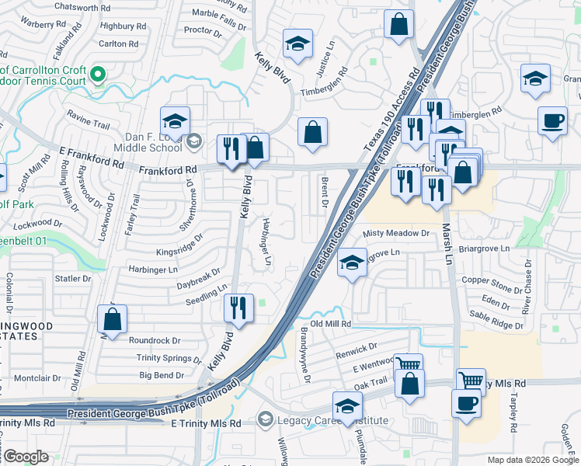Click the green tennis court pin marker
tap(98, 75)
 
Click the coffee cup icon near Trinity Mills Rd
tap(466, 405)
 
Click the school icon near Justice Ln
tap(296, 45)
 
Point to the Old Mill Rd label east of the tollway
tap(331, 323)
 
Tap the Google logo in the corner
tap(26, 457)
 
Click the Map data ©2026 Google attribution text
tap(532, 460)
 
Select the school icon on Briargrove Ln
tap(352, 263)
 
